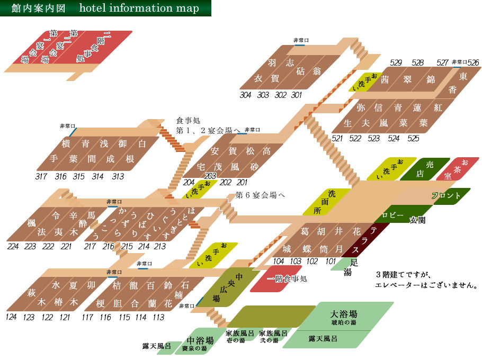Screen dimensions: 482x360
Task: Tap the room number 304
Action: click(x=245, y=95)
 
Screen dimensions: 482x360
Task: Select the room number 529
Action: click(x=396, y=63)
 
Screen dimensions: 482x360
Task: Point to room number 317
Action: click(x=42, y=176)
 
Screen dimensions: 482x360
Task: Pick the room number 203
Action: click(x=210, y=176)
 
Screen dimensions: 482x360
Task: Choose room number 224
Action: click(x=14, y=246)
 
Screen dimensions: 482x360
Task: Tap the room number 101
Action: click(x=331, y=261)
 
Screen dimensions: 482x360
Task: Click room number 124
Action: click(x=12, y=317)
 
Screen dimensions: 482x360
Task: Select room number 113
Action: click(x=158, y=317)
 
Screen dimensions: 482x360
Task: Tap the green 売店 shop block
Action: click(x=421, y=169)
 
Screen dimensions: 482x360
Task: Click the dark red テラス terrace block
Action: click(x=368, y=240)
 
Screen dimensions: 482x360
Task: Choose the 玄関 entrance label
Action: click(x=417, y=220)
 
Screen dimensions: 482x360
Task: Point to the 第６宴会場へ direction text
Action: click(x=260, y=195)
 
